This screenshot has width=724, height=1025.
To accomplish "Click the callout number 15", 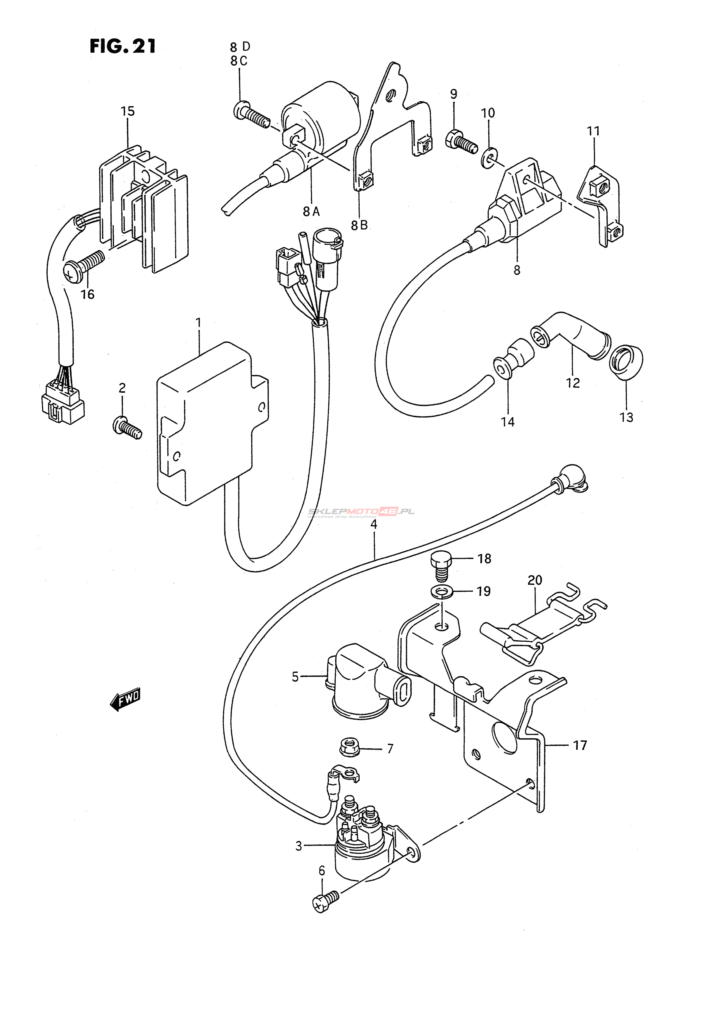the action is (128, 111).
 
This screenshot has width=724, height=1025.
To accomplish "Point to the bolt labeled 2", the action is (127, 427).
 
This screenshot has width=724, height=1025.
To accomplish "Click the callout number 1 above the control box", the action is (198, 322).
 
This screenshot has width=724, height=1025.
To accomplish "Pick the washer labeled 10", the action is (489, 159).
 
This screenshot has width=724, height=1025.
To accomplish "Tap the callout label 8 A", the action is (311, 211).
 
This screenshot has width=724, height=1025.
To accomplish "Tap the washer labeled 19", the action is (442, 592).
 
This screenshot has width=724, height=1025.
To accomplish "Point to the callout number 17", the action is (580, 745).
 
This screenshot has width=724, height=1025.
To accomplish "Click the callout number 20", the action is (535, 580).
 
